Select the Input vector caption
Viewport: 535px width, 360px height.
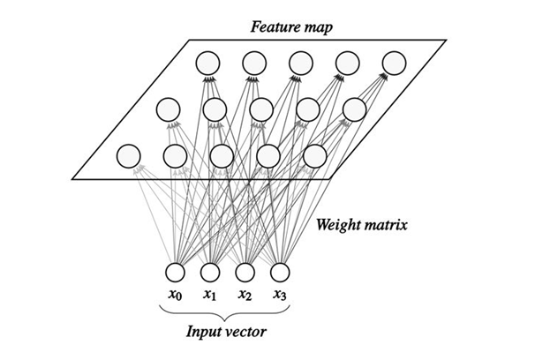tap(226, 334)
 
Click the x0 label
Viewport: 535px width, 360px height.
tap(175, 294)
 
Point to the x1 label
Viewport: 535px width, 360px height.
tap(210, 294)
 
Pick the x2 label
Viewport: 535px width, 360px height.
tap(245, 294)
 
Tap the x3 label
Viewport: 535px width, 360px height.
tap(280, 294)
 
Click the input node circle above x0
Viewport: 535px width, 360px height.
tap(175, 272)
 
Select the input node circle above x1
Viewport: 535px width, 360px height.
tap(210, 272)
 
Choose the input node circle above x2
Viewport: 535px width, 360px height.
tap(245, 272)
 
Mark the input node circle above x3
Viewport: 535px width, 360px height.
tap(280, 272)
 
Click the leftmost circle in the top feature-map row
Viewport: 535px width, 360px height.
tap(207, 63)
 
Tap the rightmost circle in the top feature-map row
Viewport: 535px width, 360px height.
tap(394, 63)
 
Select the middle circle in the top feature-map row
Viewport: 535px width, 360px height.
tap(300, 63)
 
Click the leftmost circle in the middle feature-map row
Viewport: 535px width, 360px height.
tap(168, 109)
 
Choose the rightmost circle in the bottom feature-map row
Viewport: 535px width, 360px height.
tap(315, 156)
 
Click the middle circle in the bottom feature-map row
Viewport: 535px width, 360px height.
tap(222, 156)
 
